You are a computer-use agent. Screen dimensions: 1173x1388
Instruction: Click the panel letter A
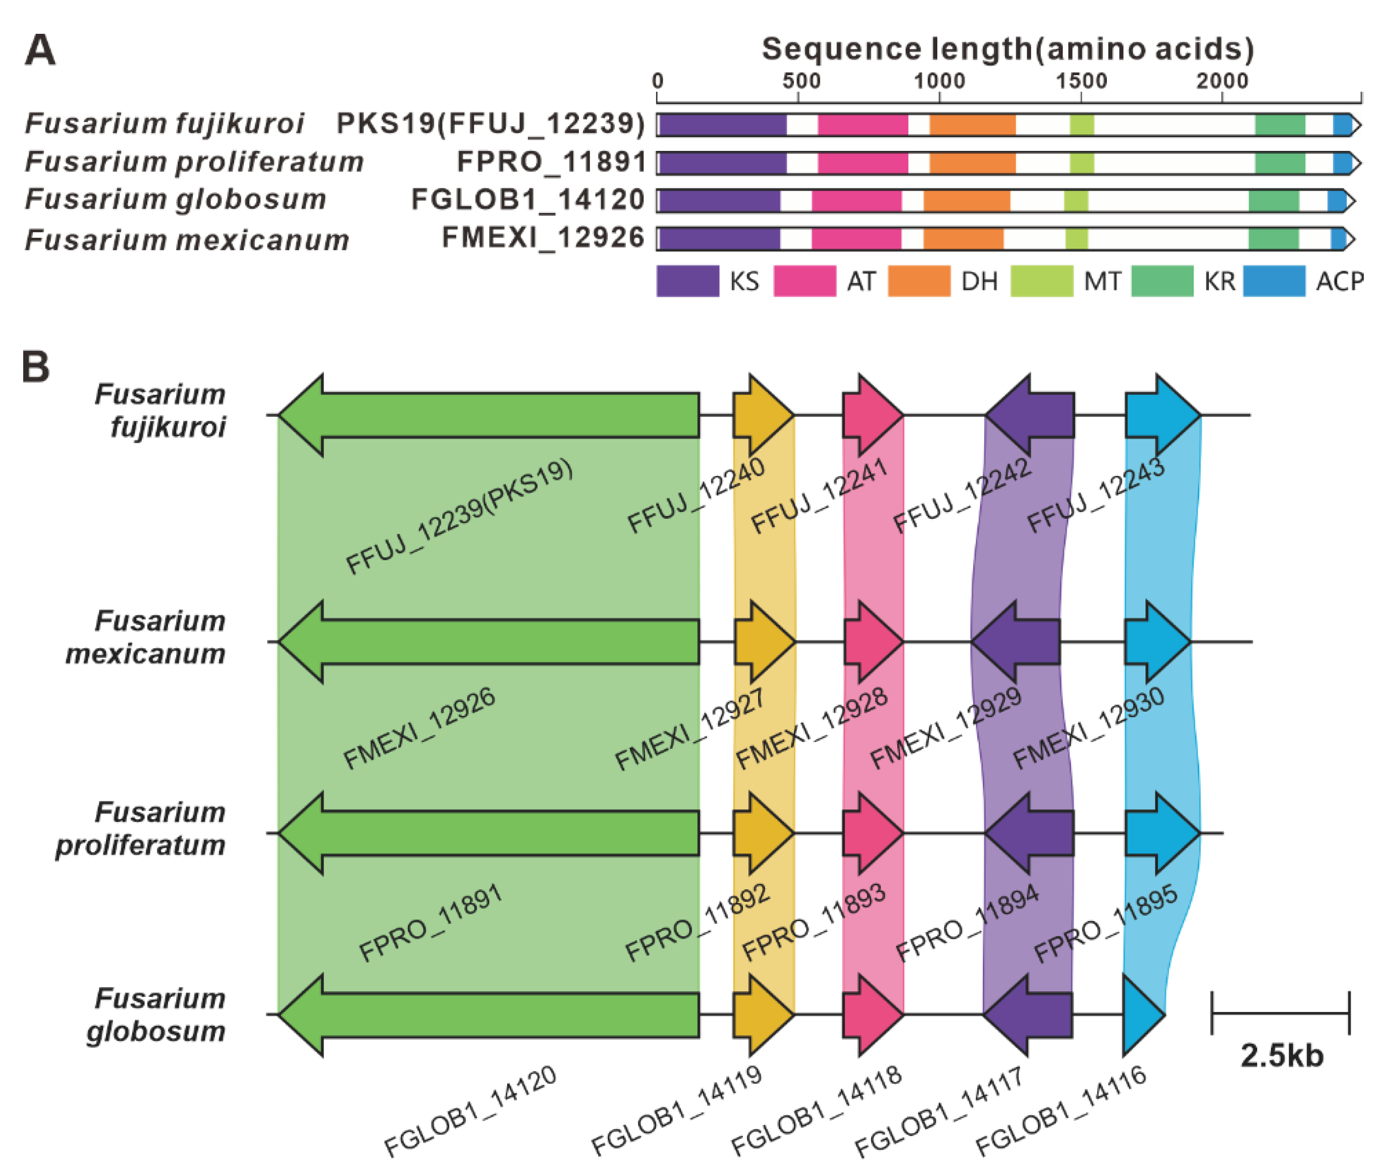pos(40,50)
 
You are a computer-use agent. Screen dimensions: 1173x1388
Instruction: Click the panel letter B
pos(36,366)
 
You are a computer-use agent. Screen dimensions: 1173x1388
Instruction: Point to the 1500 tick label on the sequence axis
pos(1082,81)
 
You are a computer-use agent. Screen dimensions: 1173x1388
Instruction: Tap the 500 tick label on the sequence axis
pos(802,81)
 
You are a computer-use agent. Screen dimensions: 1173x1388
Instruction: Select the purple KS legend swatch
pos(687,281)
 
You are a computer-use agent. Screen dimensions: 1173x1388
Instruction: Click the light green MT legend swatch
pos(1041,281)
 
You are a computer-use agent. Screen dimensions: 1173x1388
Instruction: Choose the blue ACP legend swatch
pos(1273,281)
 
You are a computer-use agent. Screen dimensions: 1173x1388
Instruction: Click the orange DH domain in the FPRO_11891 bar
pos(972,163)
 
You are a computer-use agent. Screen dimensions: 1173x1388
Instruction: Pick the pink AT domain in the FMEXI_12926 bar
pos(856,239)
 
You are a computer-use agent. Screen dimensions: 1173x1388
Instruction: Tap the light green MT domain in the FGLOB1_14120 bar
pos(1076,201)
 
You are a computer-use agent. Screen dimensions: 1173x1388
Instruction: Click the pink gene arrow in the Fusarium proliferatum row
pos(872,832)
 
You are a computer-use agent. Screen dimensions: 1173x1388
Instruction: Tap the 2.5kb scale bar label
pos(1282,1056)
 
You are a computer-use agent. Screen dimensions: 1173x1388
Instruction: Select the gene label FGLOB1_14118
pos(816,1110)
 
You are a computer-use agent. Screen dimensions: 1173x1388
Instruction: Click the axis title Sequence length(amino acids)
pos(1007,48)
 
